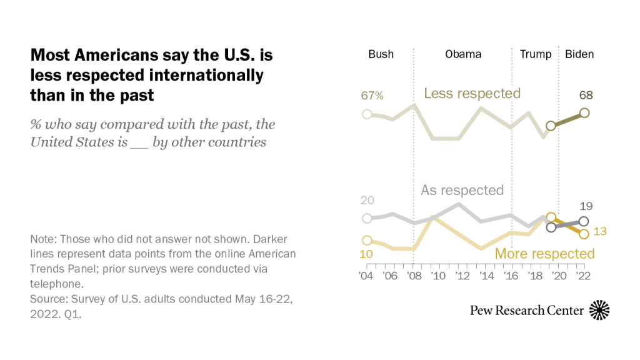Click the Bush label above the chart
point(381,54)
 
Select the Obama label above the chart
point(463,54)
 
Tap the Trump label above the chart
point(536,54)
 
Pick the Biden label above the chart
point(579,54)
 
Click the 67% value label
point(372,96)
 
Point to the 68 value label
point(586,96)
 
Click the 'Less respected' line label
point(472,94)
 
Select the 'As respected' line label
point(462,190)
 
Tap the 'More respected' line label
point(544,253)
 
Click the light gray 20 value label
point(368,200)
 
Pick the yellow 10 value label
point(367,255)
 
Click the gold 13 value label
point(601,232)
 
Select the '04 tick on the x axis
point(367,276)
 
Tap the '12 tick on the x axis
point(459,276)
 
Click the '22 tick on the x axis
point(584,276)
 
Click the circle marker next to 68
point(584,112)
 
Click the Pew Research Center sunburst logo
point(599,310)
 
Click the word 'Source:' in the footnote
point(49,299)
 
